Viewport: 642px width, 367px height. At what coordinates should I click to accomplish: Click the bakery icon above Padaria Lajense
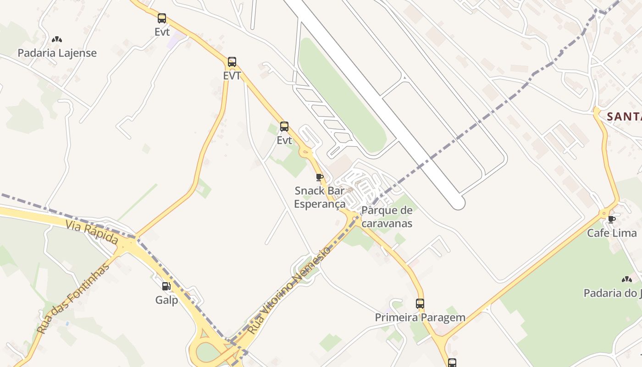click(57, 40)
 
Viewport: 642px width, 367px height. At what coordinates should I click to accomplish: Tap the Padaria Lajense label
click(57, 53)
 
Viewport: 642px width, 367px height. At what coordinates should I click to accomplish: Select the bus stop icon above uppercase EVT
click(232, 62)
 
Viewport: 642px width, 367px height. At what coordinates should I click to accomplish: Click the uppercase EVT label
click(232, 76)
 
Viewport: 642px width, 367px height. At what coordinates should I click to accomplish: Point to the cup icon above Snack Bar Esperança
click(320, 177)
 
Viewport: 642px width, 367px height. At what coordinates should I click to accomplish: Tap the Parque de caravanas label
click(387, 217)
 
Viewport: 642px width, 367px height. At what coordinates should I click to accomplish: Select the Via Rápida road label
click(92, 232)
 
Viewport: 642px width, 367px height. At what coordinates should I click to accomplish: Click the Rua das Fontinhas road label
click(73, 298)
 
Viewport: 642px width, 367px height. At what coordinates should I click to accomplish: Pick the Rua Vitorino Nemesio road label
click(289, 290)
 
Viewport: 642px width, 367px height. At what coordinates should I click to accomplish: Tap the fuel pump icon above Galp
click(166, 286)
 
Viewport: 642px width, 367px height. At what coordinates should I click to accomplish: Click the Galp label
click(166, 300)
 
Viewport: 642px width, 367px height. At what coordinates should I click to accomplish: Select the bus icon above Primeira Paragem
click(420, 303)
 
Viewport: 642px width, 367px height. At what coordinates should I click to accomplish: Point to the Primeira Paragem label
click(420, 317)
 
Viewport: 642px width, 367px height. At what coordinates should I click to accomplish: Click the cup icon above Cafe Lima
click(611, 219)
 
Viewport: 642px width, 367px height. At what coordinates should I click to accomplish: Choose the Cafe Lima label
click(612, 233)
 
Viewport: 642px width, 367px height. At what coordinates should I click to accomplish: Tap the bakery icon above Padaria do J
click(626, 279)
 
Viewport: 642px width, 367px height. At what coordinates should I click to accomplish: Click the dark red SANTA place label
click(624, 117)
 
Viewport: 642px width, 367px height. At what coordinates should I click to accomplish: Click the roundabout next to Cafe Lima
click(604, 213)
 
